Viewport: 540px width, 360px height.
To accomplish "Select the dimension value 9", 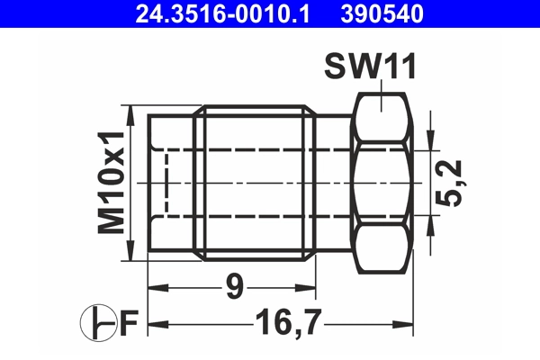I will (x=233, y=289).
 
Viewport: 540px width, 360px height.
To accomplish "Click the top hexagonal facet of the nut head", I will (x=383, y=117).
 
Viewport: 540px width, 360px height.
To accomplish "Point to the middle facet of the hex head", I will (x=383, y=183).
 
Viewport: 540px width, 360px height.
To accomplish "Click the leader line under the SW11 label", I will (x=383, y=93).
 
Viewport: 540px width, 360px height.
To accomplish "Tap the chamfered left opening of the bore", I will (x=162, y=183).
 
